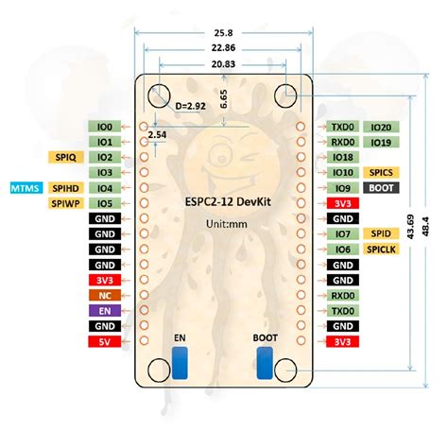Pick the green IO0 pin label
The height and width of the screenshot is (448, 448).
[104, 126]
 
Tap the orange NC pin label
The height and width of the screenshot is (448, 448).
[104, 294]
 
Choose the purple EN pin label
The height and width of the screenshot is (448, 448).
[104, 309]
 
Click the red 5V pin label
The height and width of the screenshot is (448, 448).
[104, 340]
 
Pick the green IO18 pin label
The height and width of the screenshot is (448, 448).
[342, 157]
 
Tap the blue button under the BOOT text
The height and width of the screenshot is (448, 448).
[266, 363]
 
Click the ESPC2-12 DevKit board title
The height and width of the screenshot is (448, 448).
[223, 201]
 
